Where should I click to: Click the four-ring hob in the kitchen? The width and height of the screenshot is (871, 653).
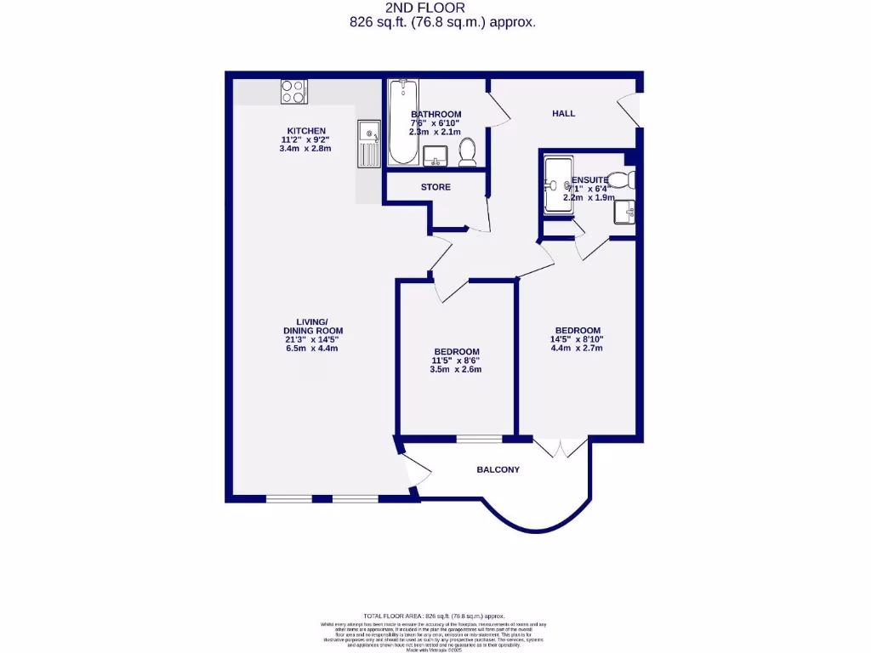click(294, 91)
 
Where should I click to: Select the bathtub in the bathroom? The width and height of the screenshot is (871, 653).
click(402, 122)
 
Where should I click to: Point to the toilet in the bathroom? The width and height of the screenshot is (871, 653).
click(467, 153)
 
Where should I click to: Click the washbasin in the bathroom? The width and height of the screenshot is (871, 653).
click(435, 155)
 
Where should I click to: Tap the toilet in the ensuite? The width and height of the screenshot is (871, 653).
click(625, 179)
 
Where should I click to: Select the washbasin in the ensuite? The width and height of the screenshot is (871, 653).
click(625, 213)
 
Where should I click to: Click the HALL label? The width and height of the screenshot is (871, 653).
click(563, 113)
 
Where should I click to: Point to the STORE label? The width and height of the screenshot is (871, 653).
click(435, 187)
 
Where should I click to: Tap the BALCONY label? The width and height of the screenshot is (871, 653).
click(498, 469)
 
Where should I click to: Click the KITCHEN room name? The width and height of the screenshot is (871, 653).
click(305, 131)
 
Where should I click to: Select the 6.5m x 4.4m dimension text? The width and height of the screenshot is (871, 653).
click(312, 349)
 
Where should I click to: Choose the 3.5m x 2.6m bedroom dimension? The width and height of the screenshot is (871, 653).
click(456, 370)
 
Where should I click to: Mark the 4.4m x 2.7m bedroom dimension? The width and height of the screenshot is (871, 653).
click(578, 348)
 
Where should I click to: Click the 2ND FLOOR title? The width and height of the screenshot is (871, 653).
click(442, 8)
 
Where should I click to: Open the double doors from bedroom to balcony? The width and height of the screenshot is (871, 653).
click(561, 446)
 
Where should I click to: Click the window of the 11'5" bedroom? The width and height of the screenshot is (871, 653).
click(479, 439)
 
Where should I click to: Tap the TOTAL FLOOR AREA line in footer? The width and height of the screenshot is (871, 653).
click(434, 616)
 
